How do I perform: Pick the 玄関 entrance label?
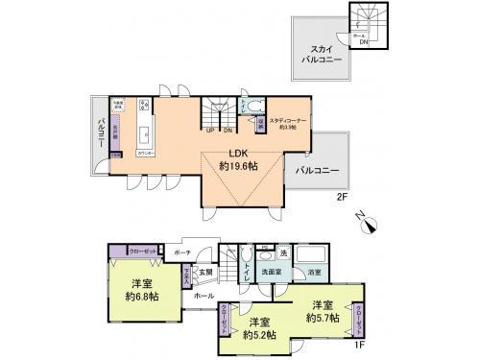click(x=204, y=273)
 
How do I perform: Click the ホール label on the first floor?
click(x=203, y=297)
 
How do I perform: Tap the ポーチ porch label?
click(x=181, y=252)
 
